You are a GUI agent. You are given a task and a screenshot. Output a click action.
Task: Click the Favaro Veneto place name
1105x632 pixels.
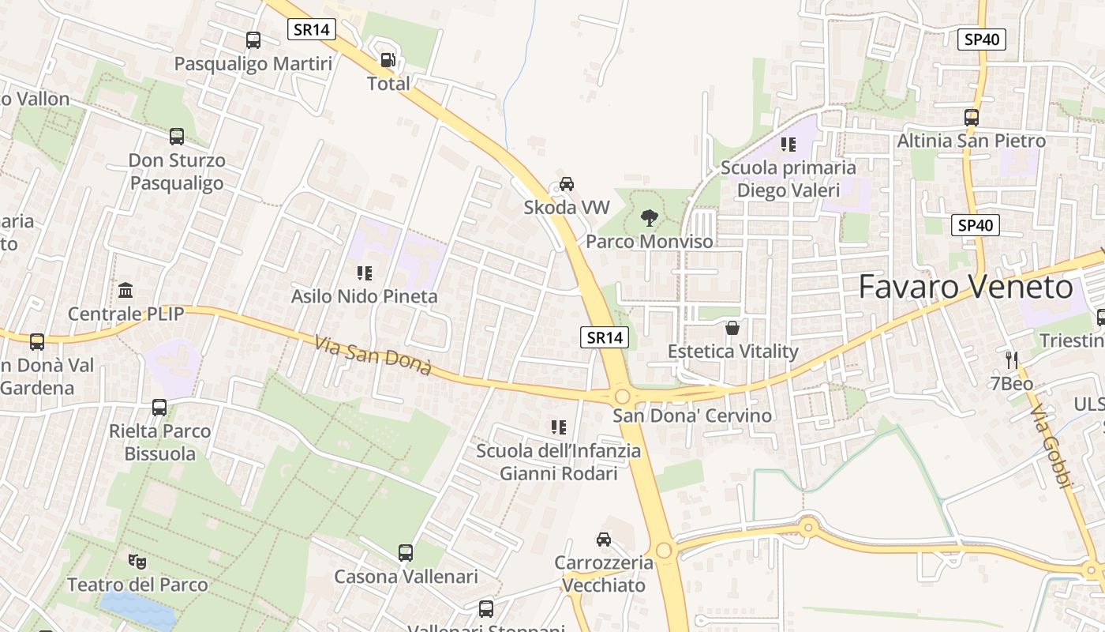click(x=965, y=287)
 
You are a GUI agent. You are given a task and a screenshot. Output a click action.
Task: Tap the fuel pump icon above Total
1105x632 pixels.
click(x=388, y=60)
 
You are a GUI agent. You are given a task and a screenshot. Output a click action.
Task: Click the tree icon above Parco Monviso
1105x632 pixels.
click(x=650, y=217)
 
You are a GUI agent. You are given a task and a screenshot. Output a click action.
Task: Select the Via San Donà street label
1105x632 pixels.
click(x=373, y=355)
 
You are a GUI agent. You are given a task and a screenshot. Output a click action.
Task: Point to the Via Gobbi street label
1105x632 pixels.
click(x=1053, y=448)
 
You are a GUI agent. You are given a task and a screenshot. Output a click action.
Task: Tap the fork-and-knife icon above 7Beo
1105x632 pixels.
click(x=1012, y=360)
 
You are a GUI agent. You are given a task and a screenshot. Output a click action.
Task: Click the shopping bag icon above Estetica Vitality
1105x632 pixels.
click(x=732, y=327)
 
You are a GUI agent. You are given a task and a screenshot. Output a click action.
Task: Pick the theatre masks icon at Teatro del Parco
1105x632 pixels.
click(x=137, y=561)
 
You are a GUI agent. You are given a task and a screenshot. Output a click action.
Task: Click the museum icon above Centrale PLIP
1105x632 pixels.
click(x=125, y=290)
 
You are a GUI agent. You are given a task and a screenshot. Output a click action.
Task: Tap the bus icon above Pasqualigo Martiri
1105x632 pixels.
click(x=253, y=40)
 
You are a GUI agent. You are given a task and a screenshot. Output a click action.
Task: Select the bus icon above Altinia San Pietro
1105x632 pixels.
click(x=972, y=118)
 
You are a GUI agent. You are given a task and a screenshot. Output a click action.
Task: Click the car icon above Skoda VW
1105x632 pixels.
click(x=567, y=184)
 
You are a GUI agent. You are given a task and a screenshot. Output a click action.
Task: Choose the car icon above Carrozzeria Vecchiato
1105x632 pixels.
click(x=604, y=540)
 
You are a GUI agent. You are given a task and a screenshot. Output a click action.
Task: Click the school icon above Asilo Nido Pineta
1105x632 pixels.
click(x=364, y=273)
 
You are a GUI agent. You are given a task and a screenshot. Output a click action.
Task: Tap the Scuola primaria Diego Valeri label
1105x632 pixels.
click(x=788, y=179)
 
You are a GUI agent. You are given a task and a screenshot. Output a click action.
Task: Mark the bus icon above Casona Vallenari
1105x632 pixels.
click(x=406, y=553)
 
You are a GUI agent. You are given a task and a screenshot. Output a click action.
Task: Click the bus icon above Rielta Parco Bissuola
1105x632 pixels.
click(x=159, y=408)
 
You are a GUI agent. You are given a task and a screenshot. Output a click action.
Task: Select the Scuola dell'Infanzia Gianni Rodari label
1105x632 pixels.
click(x=558, y=462)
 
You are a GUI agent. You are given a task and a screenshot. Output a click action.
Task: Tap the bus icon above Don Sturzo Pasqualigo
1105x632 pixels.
click(x=177, y=137)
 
